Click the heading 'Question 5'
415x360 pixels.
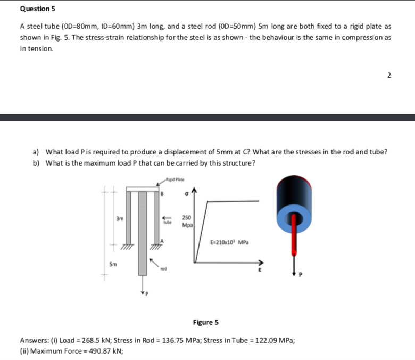(38, 9)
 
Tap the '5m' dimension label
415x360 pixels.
(113, 263)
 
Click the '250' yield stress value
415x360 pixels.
(187, 218)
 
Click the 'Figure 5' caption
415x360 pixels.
(206, 322)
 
